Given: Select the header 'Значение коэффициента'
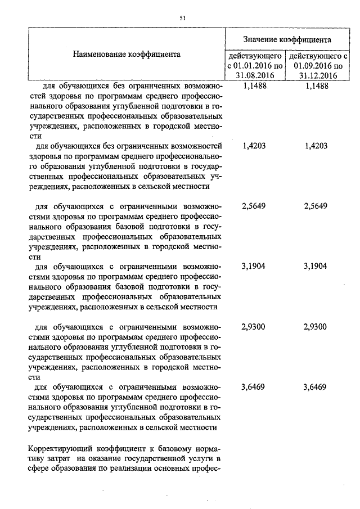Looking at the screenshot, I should [287, 39].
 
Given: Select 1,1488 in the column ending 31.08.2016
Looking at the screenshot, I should [254, 86].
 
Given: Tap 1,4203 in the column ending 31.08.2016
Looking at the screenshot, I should [254, 146].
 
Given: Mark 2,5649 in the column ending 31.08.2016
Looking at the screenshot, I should [254, 206].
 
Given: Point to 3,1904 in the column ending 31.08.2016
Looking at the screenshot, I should [254, 267].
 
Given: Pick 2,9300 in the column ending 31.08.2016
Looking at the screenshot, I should [254, 327].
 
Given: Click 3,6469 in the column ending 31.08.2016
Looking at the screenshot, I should [254, 387].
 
